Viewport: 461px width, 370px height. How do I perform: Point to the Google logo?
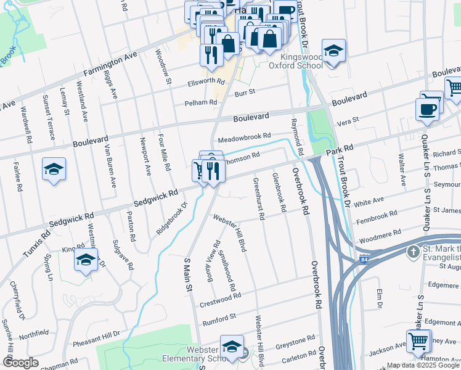pos(20,363)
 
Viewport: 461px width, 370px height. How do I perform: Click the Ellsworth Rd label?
pos(206,81)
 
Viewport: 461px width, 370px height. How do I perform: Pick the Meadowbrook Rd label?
pos(243,136)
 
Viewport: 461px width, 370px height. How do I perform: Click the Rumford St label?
pos(220,317)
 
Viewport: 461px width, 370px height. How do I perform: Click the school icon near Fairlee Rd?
pos(54,169)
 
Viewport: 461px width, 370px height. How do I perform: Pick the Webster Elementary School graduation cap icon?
pos(232,347)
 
